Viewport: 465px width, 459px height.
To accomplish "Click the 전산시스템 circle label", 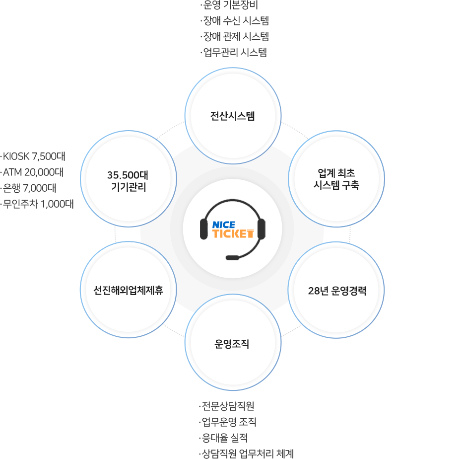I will [232, 117].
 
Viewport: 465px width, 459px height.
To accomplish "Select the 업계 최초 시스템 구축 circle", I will [336, 179].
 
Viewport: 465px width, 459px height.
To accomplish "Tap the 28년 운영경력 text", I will [337, 291].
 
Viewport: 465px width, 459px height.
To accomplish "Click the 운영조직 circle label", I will [232, 344].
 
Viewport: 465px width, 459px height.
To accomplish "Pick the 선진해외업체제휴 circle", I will [128, 290].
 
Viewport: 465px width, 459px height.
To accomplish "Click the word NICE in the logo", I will [223, 225].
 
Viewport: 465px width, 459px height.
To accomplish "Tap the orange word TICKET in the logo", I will [233, 233].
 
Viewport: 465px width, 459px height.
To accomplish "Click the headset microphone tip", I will [232, 258].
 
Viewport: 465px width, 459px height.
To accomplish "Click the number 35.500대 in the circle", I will [128, 175].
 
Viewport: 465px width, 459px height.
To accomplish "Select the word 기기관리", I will [128, 188].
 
